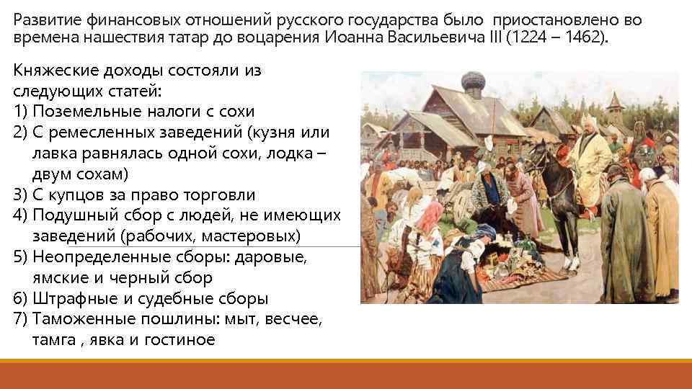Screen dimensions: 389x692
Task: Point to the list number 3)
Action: tap(21, 194)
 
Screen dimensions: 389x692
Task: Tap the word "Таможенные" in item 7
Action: tap(81, 319)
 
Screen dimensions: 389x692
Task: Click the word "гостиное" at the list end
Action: tap(184, 340)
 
